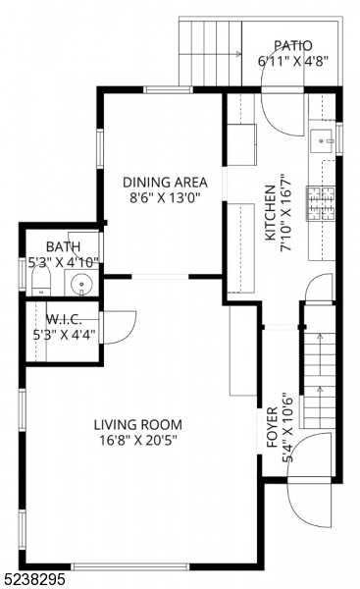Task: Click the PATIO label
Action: (x=292, y=45)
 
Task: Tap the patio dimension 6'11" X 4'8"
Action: (x=292, y=61)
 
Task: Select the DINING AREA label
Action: (x=165, y=182)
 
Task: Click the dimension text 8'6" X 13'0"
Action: (x=165, y=197)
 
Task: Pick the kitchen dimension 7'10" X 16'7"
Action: (x=287, y=213)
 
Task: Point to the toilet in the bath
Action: (x=40, y=285)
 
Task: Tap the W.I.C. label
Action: (x=62, y=318)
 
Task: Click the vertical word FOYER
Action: (x=272, y=429)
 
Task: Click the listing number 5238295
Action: (x=33, y=580)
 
